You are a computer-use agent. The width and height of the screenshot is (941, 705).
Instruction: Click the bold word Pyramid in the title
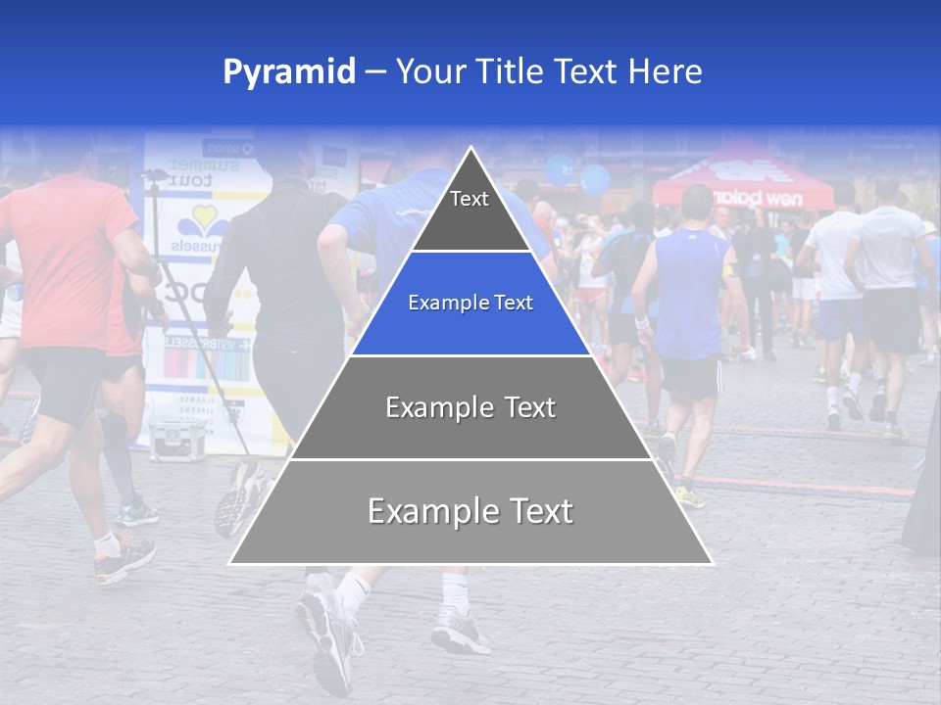[x=288, y=71]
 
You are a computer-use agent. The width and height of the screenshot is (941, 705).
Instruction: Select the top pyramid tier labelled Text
[x=470, y=206]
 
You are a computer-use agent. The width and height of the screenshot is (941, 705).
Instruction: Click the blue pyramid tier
[x=470, y=304]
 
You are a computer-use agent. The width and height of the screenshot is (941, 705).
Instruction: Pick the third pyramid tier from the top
[x=470, y=407]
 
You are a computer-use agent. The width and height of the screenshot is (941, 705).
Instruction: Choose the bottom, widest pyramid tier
[x=470, y=511]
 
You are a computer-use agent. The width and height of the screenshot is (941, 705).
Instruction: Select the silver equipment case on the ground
[x=177, y=440]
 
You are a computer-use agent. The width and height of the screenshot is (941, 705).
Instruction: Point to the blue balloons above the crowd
[x=578, y=174]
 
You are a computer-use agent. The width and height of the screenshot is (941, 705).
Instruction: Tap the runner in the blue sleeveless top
[x=688, y=294]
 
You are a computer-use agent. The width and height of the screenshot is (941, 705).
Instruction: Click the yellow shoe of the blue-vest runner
[x=689, y=496]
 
